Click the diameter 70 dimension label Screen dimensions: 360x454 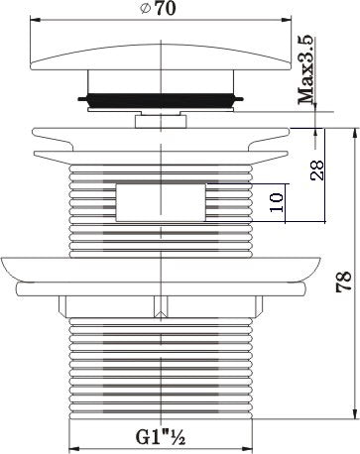pos(158,9)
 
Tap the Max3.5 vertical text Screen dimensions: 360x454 pos(306,69)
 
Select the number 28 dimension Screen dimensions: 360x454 pos(317,170)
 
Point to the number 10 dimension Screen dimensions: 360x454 pos(277,202)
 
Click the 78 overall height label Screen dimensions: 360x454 pos(344,282)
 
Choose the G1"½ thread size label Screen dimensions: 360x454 pos(161,437)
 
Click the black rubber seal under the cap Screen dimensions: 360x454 pos(161,100)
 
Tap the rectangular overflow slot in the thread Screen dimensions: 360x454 pos(161,202)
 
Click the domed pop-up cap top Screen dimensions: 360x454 pos(161,57)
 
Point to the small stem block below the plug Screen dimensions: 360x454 pos(161,121)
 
